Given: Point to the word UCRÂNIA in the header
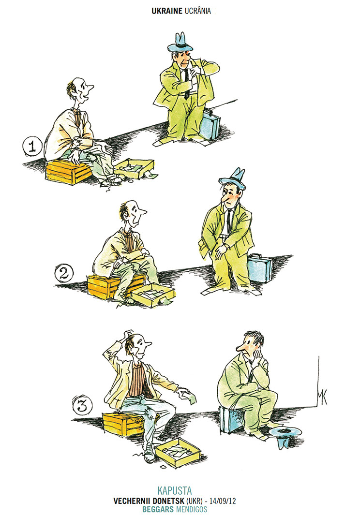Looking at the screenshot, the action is tap(198, 11).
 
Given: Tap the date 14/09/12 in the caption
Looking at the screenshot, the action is tap(223, 501).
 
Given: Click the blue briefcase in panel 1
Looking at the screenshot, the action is tap(210, 124).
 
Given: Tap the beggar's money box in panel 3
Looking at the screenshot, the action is tap(178, 454).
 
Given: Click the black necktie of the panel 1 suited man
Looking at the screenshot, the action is tap(187, 85).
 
